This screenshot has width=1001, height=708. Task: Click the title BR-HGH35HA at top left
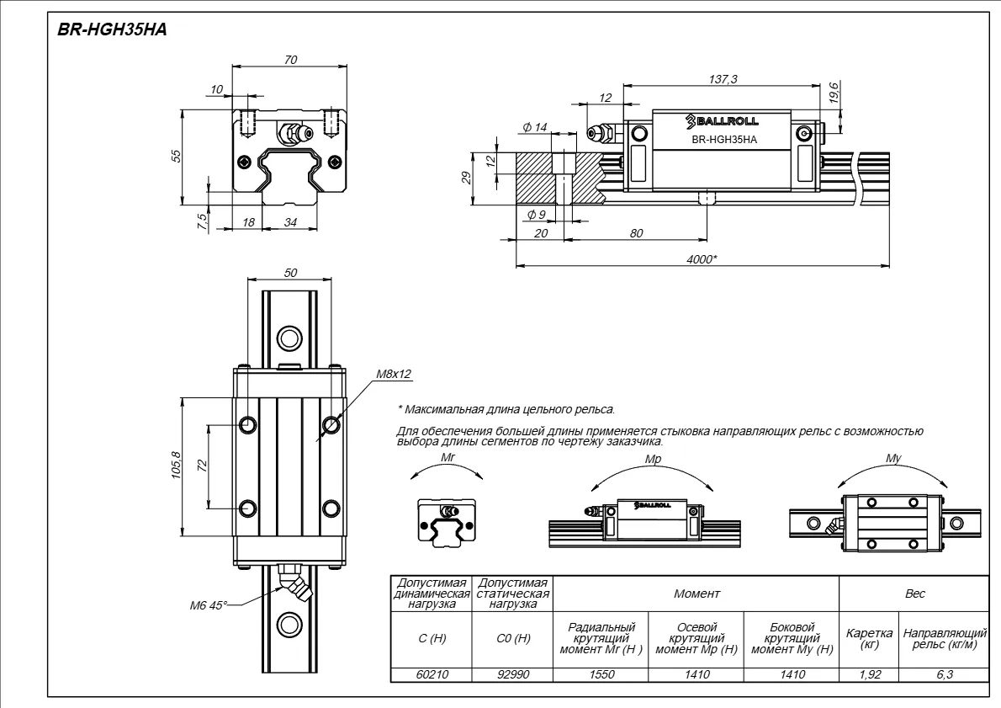pos(112,29)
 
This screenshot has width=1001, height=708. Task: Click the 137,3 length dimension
pos(723,78)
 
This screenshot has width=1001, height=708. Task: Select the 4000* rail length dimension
pos(702,259)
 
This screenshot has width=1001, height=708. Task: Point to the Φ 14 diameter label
pos(534,127)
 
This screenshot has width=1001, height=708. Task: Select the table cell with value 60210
pos(432,674)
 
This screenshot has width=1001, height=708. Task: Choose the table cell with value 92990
pos(513,674)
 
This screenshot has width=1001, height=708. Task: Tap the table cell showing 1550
pos(601,674)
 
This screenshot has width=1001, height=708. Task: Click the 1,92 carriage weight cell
pos(869,674)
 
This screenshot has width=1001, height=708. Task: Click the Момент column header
pos(696,594)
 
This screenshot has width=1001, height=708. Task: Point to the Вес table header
pos(914,594)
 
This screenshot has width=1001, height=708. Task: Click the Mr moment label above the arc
pos(448,457)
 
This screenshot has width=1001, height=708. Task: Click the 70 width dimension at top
pos(291,60)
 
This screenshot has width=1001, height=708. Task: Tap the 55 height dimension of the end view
pos(176,157)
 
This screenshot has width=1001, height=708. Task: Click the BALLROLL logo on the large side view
pos(721,120)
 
